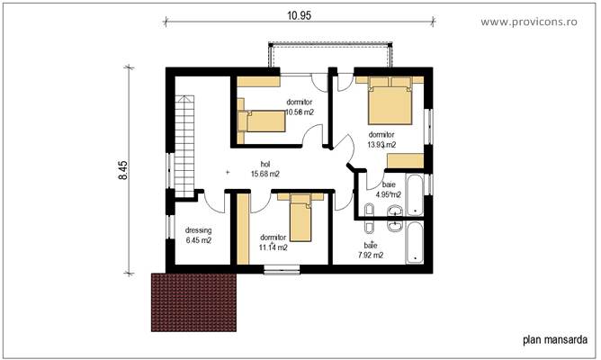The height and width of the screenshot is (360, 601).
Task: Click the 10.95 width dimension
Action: (x=300, y=16)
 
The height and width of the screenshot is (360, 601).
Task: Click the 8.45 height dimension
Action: (x=121, y=170)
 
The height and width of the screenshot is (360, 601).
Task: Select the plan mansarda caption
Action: (x=553, y=340)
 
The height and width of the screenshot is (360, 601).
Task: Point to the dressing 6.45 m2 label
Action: (x=198, y=236)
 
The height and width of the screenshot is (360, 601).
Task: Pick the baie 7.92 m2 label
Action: (x=370, y=249)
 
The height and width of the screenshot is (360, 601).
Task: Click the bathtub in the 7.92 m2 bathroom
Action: (x=414, y=241)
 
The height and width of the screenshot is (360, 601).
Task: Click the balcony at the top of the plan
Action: (x=329, y=55)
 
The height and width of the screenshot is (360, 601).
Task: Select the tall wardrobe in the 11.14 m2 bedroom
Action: (x=243, y=229)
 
